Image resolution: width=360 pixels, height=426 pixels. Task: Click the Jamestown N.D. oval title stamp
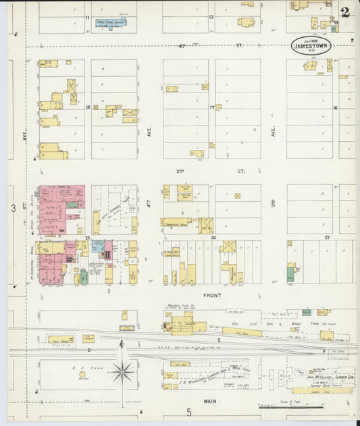click(311, 46)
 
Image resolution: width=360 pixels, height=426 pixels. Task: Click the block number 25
click(88, 238)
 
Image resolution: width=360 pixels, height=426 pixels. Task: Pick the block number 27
click(328, 238)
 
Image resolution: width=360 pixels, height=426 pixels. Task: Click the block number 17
click(212, 107)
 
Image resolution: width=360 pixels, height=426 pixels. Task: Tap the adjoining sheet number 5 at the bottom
click(189, 411)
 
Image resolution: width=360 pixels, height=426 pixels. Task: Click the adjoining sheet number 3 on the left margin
click(13, 209)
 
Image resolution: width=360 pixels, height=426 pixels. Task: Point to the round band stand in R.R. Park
click(82, 375)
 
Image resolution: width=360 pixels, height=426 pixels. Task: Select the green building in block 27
click(290, 274)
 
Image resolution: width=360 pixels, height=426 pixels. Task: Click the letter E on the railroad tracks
click(219, 340)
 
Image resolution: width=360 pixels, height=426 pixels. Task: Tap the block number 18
click(88, 107)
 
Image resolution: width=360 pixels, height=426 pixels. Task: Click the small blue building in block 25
click(98, 247)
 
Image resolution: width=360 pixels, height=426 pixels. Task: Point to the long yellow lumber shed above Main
click(322, 390)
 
